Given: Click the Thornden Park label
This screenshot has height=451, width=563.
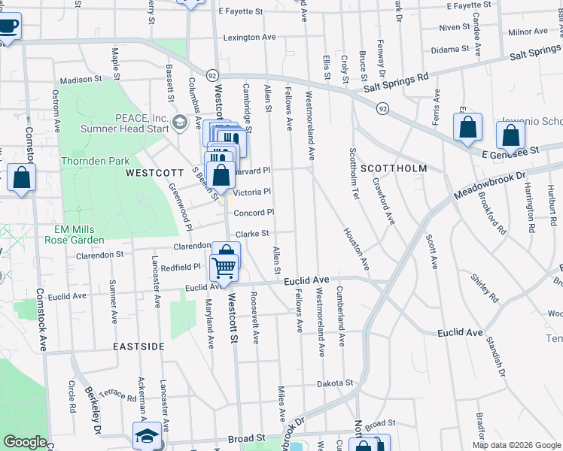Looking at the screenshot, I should pos(95,161).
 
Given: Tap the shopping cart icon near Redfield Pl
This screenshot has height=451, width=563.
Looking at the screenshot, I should pos(224,267).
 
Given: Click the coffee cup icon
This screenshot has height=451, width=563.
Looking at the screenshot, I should pos(8,27).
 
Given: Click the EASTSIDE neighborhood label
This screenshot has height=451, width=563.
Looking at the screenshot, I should pos(138,347).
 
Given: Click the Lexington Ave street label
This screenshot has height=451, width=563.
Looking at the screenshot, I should pos(249,37).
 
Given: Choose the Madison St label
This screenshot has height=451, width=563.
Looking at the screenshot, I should pos(81,79).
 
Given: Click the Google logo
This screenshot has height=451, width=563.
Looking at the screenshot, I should pos(24,442).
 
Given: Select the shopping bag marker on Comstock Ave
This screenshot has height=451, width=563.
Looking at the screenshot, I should pos(22,179).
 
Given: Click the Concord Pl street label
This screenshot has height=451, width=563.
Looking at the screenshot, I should pos(254,213).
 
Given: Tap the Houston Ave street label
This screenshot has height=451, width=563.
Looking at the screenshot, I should pos(358,250).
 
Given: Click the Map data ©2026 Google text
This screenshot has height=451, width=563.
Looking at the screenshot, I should pos(516,445).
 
